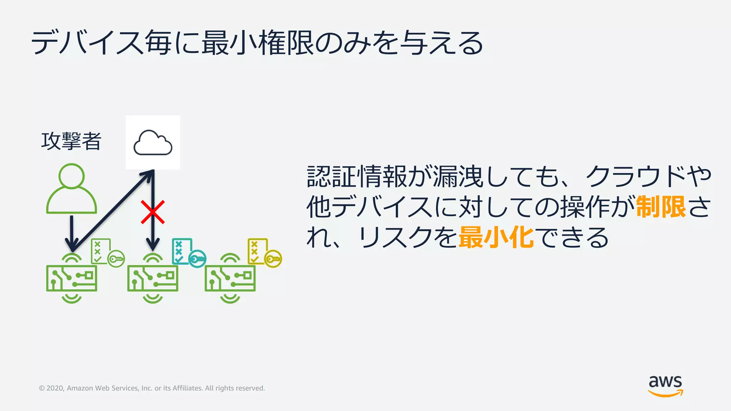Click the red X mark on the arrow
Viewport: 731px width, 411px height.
point(153,212)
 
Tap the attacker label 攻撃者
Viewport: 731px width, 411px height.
point(71,141)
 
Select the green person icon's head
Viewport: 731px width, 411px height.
point(71,176)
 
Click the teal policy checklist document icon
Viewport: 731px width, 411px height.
point(182,251)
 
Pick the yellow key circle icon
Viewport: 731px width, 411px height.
point(273,259)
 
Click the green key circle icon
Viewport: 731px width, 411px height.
point(116,259)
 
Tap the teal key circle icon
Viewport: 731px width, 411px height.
point(197,259)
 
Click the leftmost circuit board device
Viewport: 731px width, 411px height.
point(72,278)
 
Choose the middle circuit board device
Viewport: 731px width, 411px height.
point(153,278)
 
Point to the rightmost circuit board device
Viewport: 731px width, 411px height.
point(230,278)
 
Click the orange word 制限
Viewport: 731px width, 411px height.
point(661,207)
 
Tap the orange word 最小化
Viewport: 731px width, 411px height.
point(496,238)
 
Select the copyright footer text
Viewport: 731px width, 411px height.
point(152,388)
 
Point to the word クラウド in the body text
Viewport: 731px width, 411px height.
point(635,177)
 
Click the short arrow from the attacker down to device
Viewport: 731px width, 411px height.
point(72,232)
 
